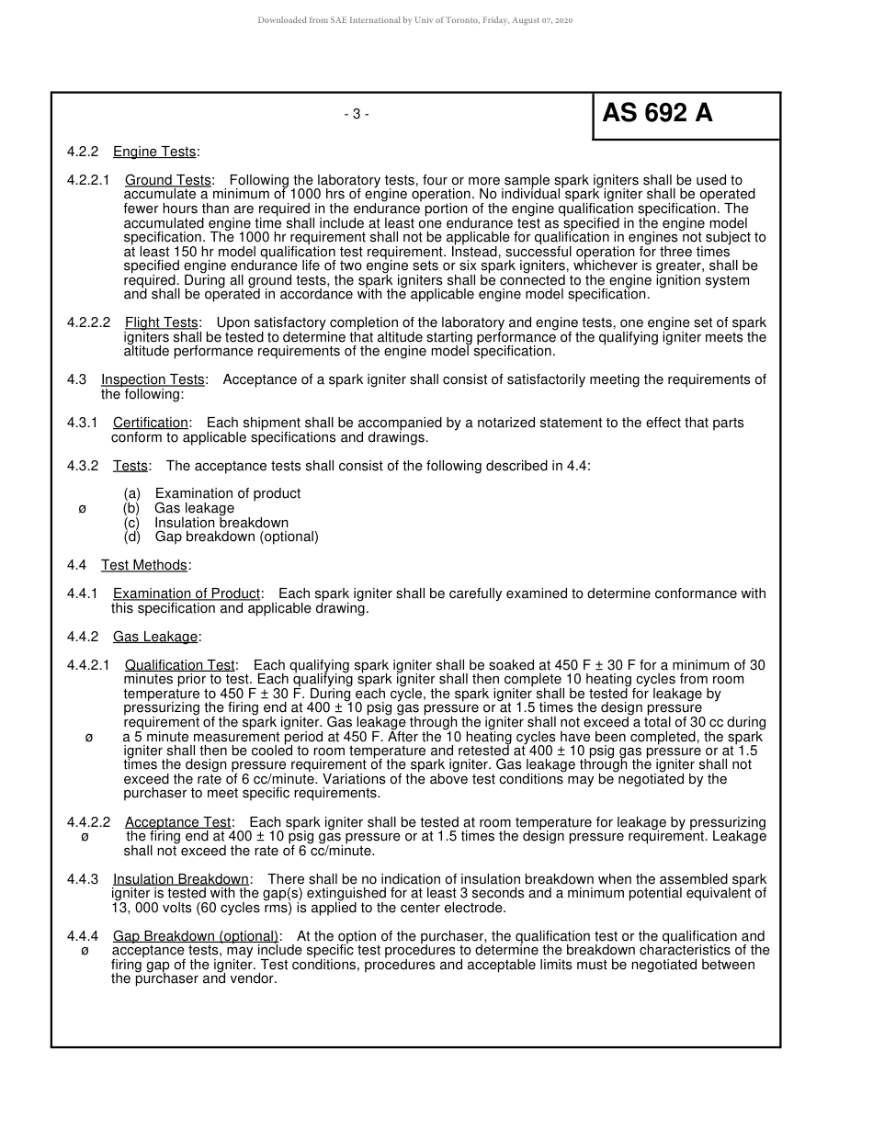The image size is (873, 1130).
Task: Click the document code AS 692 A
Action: (657, 114)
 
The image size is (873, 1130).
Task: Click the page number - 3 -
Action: (357, 114)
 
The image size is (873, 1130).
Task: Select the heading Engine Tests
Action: (154, 152)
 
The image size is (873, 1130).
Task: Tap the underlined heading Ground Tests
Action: (168, 180)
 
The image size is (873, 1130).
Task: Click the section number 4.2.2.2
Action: (88, 322)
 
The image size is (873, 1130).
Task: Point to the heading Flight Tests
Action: (162, 322)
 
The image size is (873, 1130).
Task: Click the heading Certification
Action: (151, 423)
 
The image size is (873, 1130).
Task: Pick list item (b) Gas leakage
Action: (179, 508)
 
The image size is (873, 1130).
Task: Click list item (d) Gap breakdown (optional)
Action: (221, 537)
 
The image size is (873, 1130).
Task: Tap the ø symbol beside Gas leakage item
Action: (83, 508)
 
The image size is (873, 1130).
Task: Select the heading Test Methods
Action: (144, 565)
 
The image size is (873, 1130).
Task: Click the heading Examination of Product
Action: (187, 593)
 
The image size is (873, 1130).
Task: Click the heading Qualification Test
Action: (180, 665)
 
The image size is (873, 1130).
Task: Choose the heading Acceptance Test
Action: (178, 822)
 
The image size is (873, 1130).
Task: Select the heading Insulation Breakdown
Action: (181, 879)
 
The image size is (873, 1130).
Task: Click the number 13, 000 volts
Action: (152, 908)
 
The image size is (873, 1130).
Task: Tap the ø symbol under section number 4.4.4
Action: (85, 951)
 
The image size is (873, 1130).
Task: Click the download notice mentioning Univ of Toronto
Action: (414, 20)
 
